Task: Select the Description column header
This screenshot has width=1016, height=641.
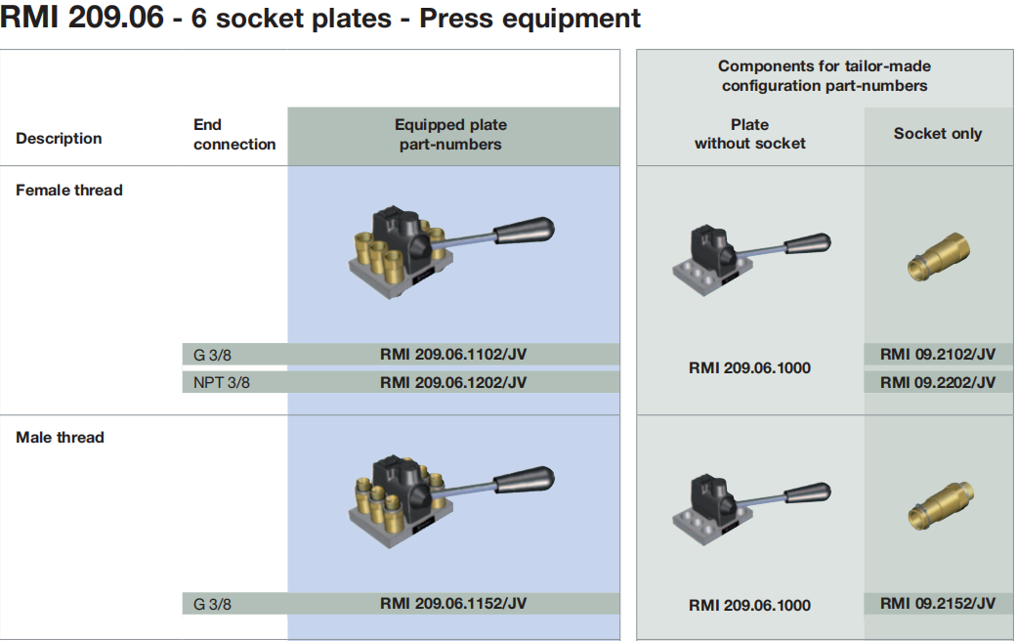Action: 59,139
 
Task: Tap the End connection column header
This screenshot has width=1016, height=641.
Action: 234,135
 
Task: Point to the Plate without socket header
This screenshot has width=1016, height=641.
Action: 749,135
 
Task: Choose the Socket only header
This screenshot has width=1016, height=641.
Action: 937,134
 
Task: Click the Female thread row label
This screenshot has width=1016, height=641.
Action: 69,191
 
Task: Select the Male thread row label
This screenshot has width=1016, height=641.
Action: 60,438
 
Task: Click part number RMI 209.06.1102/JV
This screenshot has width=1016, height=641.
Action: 452,355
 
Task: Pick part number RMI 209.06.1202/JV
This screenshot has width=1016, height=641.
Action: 452,382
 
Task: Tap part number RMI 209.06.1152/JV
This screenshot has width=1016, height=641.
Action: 452,604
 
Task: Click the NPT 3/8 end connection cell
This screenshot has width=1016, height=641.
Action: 220,382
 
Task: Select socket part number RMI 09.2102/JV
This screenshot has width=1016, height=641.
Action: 937,355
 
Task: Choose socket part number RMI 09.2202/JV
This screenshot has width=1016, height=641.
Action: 937,382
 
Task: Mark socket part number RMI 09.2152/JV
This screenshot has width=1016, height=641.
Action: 937,604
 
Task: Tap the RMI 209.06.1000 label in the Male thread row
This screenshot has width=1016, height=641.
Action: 749,605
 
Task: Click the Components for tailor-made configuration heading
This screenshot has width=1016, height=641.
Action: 825,76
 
